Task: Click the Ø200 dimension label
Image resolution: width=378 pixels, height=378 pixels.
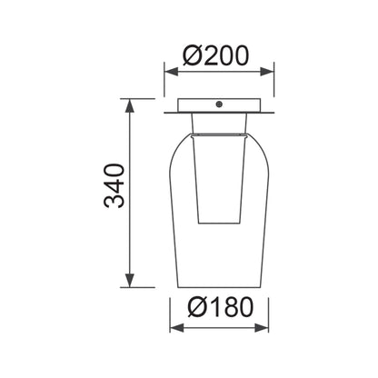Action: pos(215,55)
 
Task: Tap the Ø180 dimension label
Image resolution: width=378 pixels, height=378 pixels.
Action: pos(220,307)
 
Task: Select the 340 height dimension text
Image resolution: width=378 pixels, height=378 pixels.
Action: pos(114,185)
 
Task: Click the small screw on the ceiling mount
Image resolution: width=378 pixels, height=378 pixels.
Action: pos(219,104)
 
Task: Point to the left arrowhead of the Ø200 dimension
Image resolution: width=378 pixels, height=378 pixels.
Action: pos(171,72)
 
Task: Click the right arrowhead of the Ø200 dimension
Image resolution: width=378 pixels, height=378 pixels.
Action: pos(267,72)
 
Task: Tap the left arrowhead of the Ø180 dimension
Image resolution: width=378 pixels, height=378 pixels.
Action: pos(177,328)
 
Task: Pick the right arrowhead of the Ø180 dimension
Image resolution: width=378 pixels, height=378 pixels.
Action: pos(262,328)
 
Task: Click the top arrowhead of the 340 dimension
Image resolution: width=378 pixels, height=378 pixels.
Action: pos(130,105)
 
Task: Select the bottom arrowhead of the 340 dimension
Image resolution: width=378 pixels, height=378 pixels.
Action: pos(130,280)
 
